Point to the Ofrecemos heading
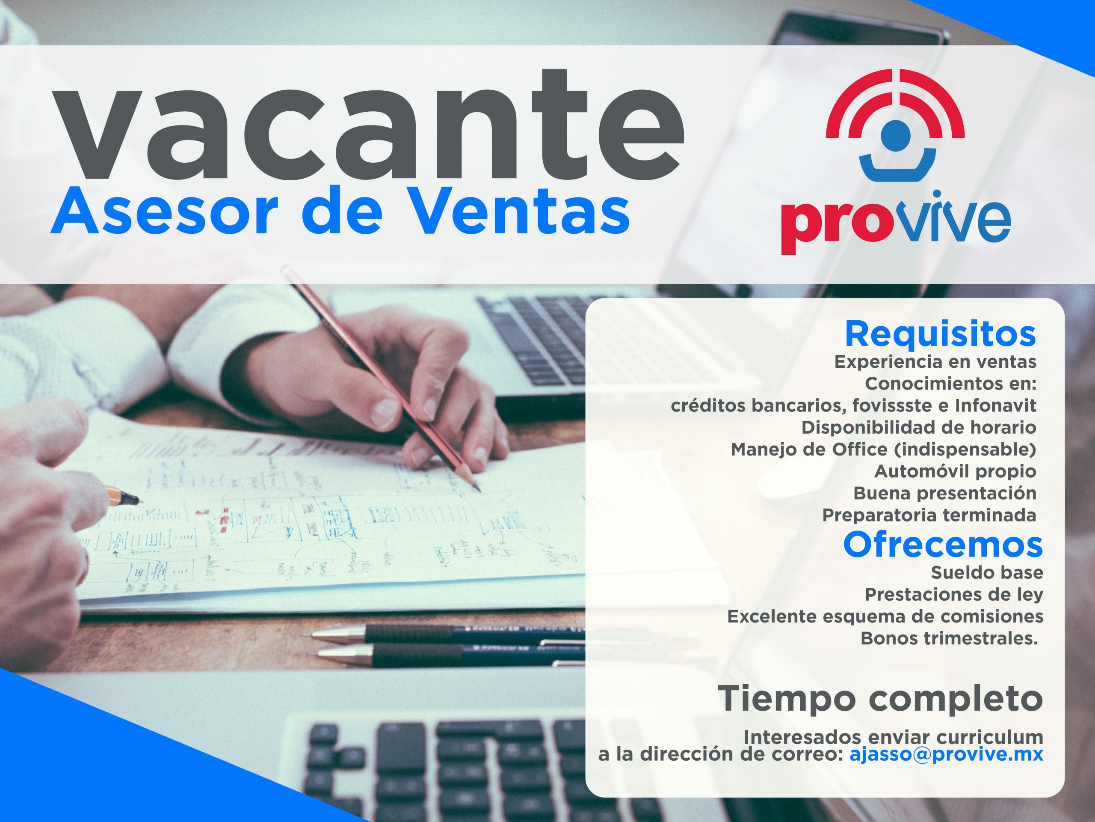click(x=943, y=545)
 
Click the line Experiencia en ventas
click(x=935, y=362)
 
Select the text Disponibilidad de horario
click(x=919, y=428)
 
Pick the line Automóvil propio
click(x=956, y=472)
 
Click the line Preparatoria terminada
click(x=929, y=515)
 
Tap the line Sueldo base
click(x=987, y=573)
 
